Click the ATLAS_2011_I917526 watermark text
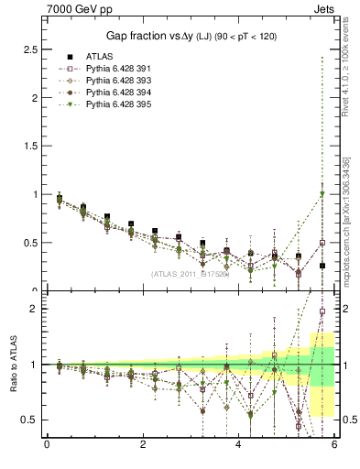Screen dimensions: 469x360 (x=190, y=273)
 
